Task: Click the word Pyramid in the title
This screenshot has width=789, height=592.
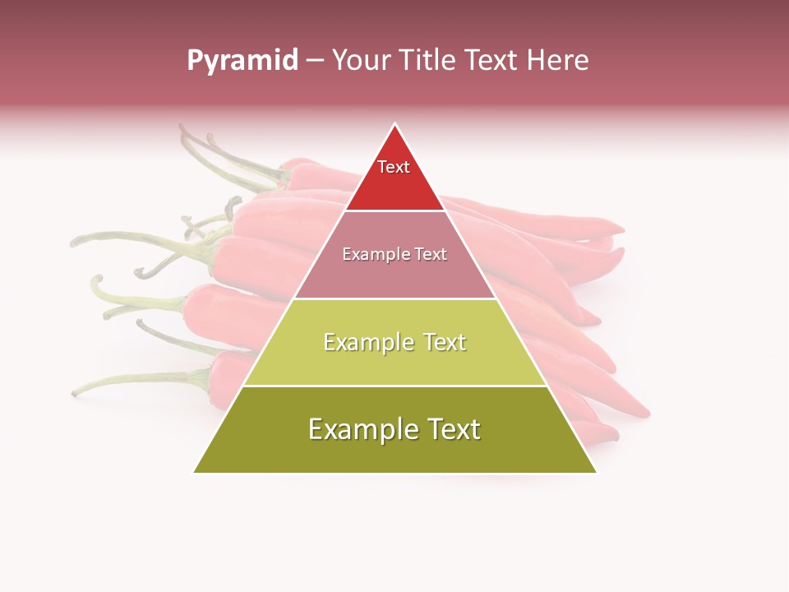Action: [242, 61]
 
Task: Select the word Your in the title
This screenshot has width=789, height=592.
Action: [358, 61]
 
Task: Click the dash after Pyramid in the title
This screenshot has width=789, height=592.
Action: [314, 61]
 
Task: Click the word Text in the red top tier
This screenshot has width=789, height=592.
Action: [394, 167]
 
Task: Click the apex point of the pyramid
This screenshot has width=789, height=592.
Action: [395, 124]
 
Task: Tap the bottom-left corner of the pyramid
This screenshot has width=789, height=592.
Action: [194, 472]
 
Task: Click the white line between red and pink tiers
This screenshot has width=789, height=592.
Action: [395, 211]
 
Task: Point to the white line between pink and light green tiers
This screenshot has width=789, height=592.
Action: [395, 298]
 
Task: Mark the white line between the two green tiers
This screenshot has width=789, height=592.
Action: [395, 386]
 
